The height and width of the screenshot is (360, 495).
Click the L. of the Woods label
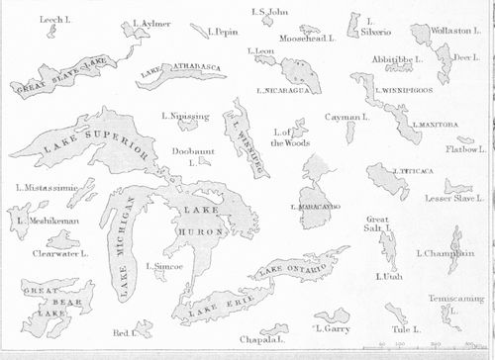pyautogui.click(x=293, y=137)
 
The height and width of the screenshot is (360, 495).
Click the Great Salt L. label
pyautogui.click(x=378, y=225)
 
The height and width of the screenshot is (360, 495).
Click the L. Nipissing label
pyautogui.click(x=185, y=117)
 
